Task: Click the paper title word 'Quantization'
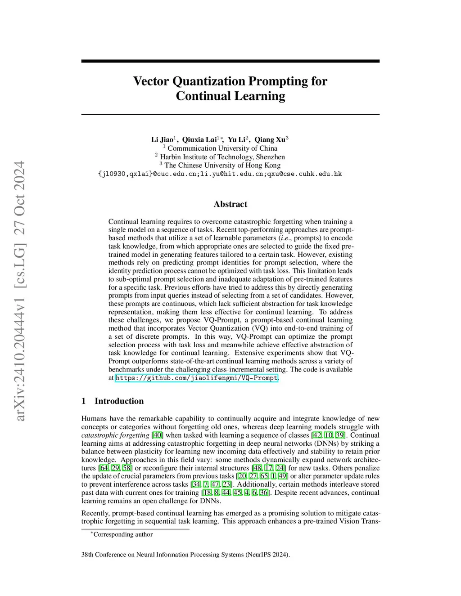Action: tap(209, 81)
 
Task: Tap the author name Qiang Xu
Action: tap(270, 139)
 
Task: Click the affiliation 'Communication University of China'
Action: tap(222, 148)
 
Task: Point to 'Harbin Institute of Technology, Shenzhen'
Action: tap(222, 157)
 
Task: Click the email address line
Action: tap(220, 174)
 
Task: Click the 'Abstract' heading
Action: tap(230, 204)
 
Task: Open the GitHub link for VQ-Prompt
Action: tap(196, 378)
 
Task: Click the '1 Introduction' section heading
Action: tap(113, 401)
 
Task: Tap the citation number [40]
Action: tap(157, 435)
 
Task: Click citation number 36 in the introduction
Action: tap(264, 493)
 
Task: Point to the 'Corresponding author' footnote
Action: tap(122, 534)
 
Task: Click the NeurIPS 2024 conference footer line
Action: tap(185, 555)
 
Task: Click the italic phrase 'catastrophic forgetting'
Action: tap(115, 435)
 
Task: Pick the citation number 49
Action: tap(283, 476)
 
